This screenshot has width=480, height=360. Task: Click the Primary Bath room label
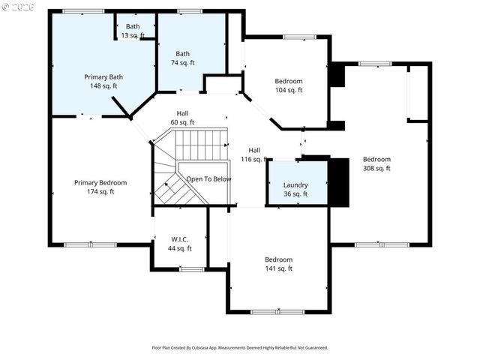click(x=103, y=81)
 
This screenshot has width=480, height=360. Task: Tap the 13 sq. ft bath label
click(x=133, y=31)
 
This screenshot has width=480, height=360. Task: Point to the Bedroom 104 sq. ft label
click(x=289, y=85)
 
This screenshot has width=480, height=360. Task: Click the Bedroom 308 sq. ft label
click(x=376, y=163)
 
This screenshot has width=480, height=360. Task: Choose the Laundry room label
click(x=295, y=189)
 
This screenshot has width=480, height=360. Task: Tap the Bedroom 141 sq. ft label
click(x=278, y=264)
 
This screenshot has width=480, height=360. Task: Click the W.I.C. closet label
click(x=180, y=244)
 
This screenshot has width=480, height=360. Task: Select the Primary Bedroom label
click(x=100, y=187)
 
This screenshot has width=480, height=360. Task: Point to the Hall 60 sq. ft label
click(x=182, y=118)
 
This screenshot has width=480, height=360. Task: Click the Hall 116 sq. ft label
click(x=255, y=154)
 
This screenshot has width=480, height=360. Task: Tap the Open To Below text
click(x=208, y=179)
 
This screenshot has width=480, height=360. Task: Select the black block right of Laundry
click(x=340, y=181)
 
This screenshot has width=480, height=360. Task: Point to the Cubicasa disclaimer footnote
click(x=240, y=347)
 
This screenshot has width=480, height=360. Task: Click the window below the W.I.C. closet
click(x=192, y=268)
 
